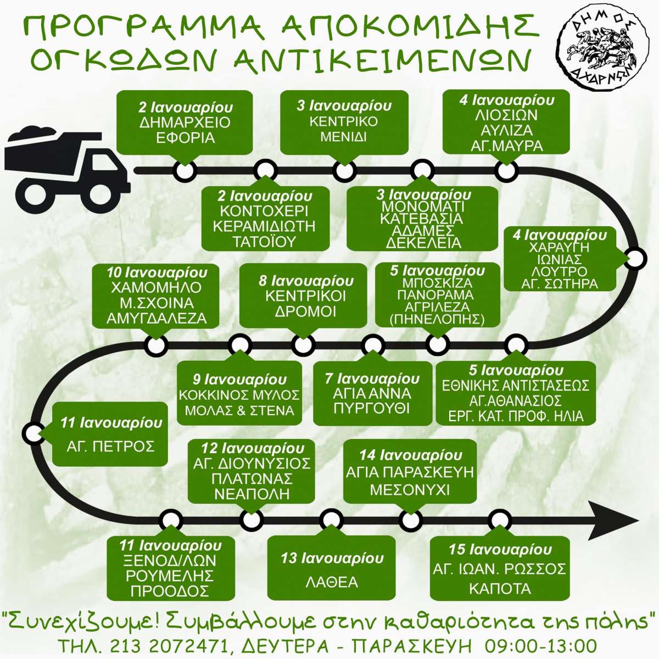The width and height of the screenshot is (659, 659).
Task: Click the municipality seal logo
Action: (x=603, y=51)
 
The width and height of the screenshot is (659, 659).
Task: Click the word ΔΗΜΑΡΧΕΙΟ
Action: (x=185, y=122)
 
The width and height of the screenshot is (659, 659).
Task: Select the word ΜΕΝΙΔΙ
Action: (x=343, y=137)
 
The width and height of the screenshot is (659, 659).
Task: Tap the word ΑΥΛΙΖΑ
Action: (x=507, y=130)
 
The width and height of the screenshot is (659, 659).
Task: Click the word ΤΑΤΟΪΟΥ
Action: (x=264, y=242)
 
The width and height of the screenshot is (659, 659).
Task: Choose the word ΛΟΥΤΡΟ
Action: (x=559, y=271)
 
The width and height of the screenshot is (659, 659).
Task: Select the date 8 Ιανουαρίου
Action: (x=306, y=281)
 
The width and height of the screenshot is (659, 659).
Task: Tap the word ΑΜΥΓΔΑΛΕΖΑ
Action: (x=157, y=319)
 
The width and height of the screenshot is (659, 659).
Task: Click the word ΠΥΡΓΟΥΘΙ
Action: (x=371, y=409)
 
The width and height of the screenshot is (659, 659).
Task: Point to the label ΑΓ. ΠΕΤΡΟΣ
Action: (x=110, y=446)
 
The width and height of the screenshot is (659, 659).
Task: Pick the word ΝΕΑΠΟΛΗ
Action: (x=252, y=494)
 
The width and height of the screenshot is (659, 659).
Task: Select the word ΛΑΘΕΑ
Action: (x=332, y=582)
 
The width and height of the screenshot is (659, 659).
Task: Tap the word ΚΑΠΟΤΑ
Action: (x=500, y=589)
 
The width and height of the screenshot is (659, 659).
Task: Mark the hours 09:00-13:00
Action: (x=539, y=646)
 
